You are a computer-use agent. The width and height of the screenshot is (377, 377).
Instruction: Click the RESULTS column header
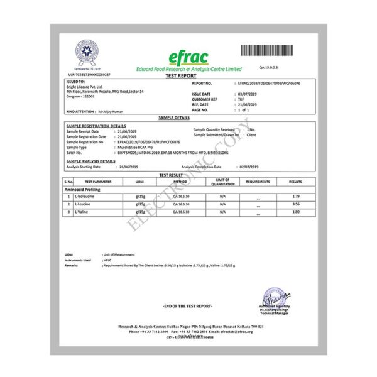[x=295, y=182]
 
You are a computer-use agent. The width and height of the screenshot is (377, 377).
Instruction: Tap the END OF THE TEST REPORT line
[x=188, y=305]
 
